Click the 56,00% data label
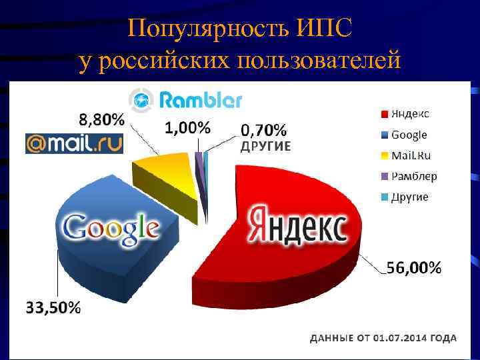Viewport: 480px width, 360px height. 414,269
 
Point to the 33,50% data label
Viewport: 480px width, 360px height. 54,308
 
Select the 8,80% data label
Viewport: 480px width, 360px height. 101,121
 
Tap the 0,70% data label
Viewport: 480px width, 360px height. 264,129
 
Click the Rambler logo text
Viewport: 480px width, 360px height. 201,101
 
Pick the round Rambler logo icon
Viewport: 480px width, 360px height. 141,101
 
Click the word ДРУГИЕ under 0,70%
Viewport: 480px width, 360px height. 265,147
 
